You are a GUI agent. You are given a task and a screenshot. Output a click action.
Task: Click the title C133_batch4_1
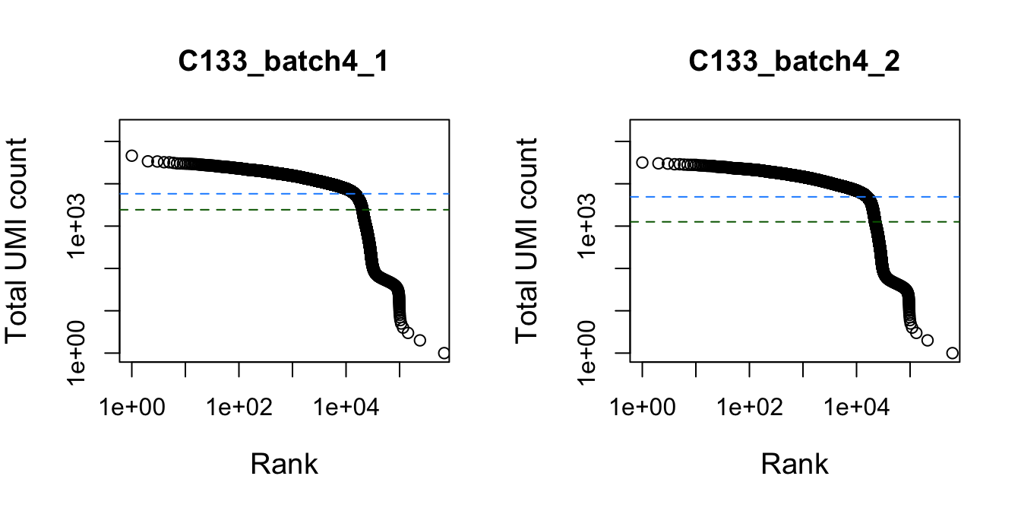pyautogui.click(x=283, y=62)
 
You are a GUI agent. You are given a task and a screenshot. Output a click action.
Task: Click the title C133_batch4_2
pyautogui.click(x=794, y=62)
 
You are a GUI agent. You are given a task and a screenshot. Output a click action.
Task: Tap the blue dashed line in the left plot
pyautogui.click(x=228, y=193)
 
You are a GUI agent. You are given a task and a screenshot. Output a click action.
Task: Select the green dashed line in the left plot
pyautogui.click(x=228, y=210)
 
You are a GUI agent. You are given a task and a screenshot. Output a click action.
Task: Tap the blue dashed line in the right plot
pyautogui.click(x=744, y=197)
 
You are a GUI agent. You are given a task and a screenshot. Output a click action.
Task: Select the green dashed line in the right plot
pyautogui.click(x=744, y=222)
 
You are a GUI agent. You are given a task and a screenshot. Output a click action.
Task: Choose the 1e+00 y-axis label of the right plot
pyautogui.click(x=589, y=353)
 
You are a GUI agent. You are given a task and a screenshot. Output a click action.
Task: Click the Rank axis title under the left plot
pyautogui.click(x=283, y=463)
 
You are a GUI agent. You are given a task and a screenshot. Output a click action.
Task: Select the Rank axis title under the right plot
pyautogui.click(x=794, y=463)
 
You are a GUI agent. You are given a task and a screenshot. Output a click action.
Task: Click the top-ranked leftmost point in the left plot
pyautogui.click(x=131, y=156)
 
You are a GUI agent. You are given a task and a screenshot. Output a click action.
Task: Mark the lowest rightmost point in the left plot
pyautogui.click(x=444, y=353)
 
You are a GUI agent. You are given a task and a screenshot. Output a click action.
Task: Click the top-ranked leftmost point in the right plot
pyautogui.click(x=642, y=162)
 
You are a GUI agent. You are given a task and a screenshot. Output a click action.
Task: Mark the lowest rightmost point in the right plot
pyautogui.click(x=952, y=353)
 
